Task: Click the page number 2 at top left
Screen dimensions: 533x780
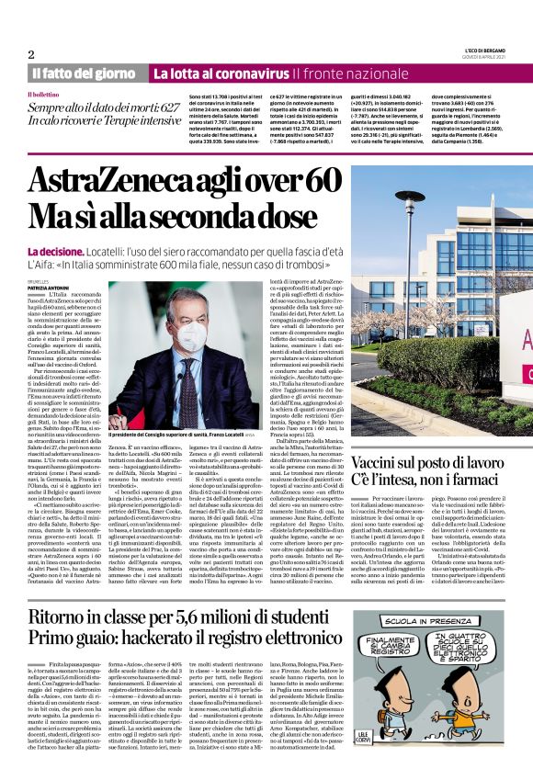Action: (x=31, y=54)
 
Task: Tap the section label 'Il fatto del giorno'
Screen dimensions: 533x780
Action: (x=85, y=73)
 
